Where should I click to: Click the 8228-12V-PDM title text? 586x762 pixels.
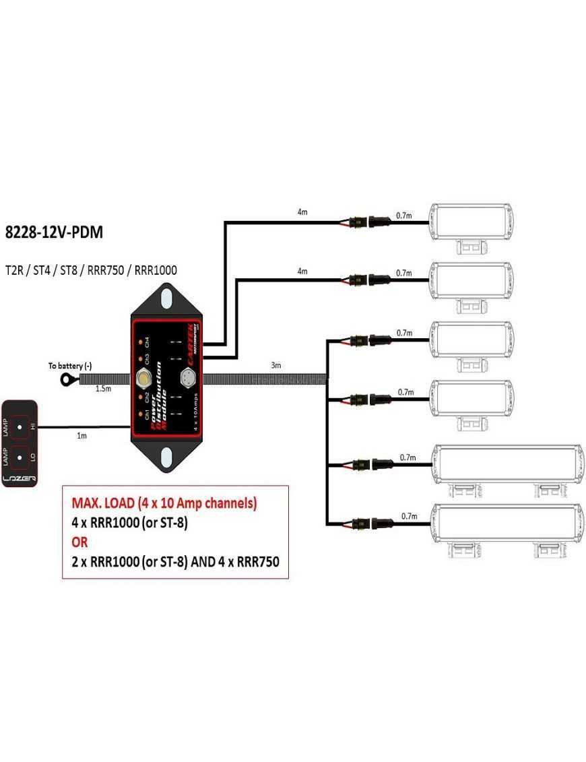(54, 233)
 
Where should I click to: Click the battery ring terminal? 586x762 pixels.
(67, 380)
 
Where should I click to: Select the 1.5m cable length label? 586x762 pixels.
(103, 389)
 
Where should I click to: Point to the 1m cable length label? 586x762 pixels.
(82, 436)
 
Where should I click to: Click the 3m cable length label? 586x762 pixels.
(275, 365)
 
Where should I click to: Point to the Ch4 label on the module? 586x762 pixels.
(148, 341)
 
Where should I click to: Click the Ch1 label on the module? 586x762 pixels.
(148, 412)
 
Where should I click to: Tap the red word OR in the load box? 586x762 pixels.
(79, 542)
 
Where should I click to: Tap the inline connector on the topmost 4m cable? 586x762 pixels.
(367, 222)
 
